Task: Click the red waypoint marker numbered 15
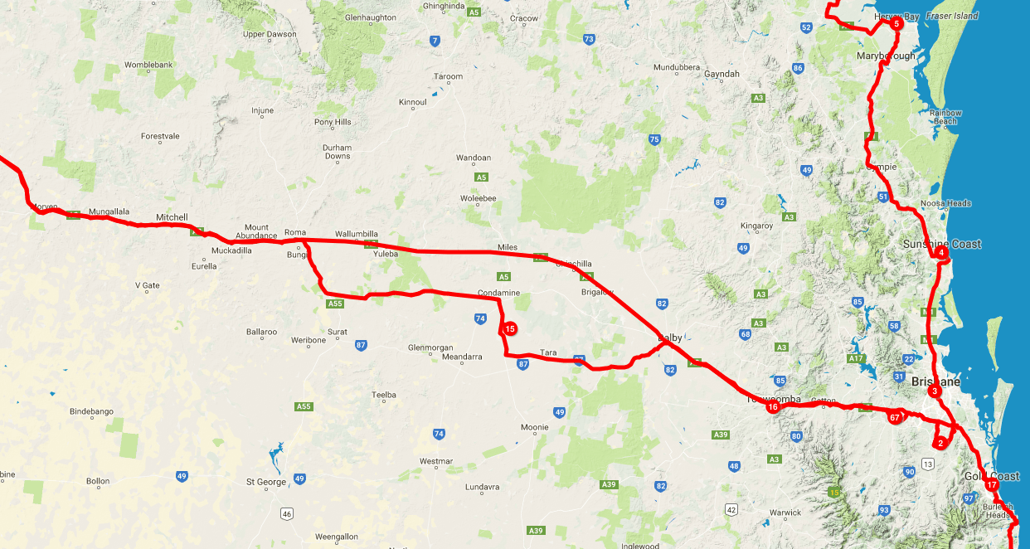[x=510, y=329]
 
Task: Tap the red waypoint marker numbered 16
[x=773, y=406]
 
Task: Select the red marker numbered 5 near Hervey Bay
[x=896, y=23]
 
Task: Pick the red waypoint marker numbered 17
[x=992, y=484]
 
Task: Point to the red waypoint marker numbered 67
[x=894, y=417]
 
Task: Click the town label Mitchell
[x=172, y=217]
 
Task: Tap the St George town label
[x=266, y=482]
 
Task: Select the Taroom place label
[x=449, y=77]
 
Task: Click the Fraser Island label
[x=952, y=16]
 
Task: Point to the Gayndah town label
[x=721, y=74]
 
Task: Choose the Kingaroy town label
[x=756, y=226]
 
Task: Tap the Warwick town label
[x=785, y=513]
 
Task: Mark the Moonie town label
[x=535, y=427]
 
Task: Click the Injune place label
[x=262, y=110]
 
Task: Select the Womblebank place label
[x=148, y=65]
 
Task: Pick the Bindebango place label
[x=91, y=411]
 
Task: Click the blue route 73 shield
[x=589, y=39]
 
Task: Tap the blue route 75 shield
[x=654, y=139]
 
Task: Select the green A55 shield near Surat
[x=334, y=304]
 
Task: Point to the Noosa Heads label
[x=945, y=203]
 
